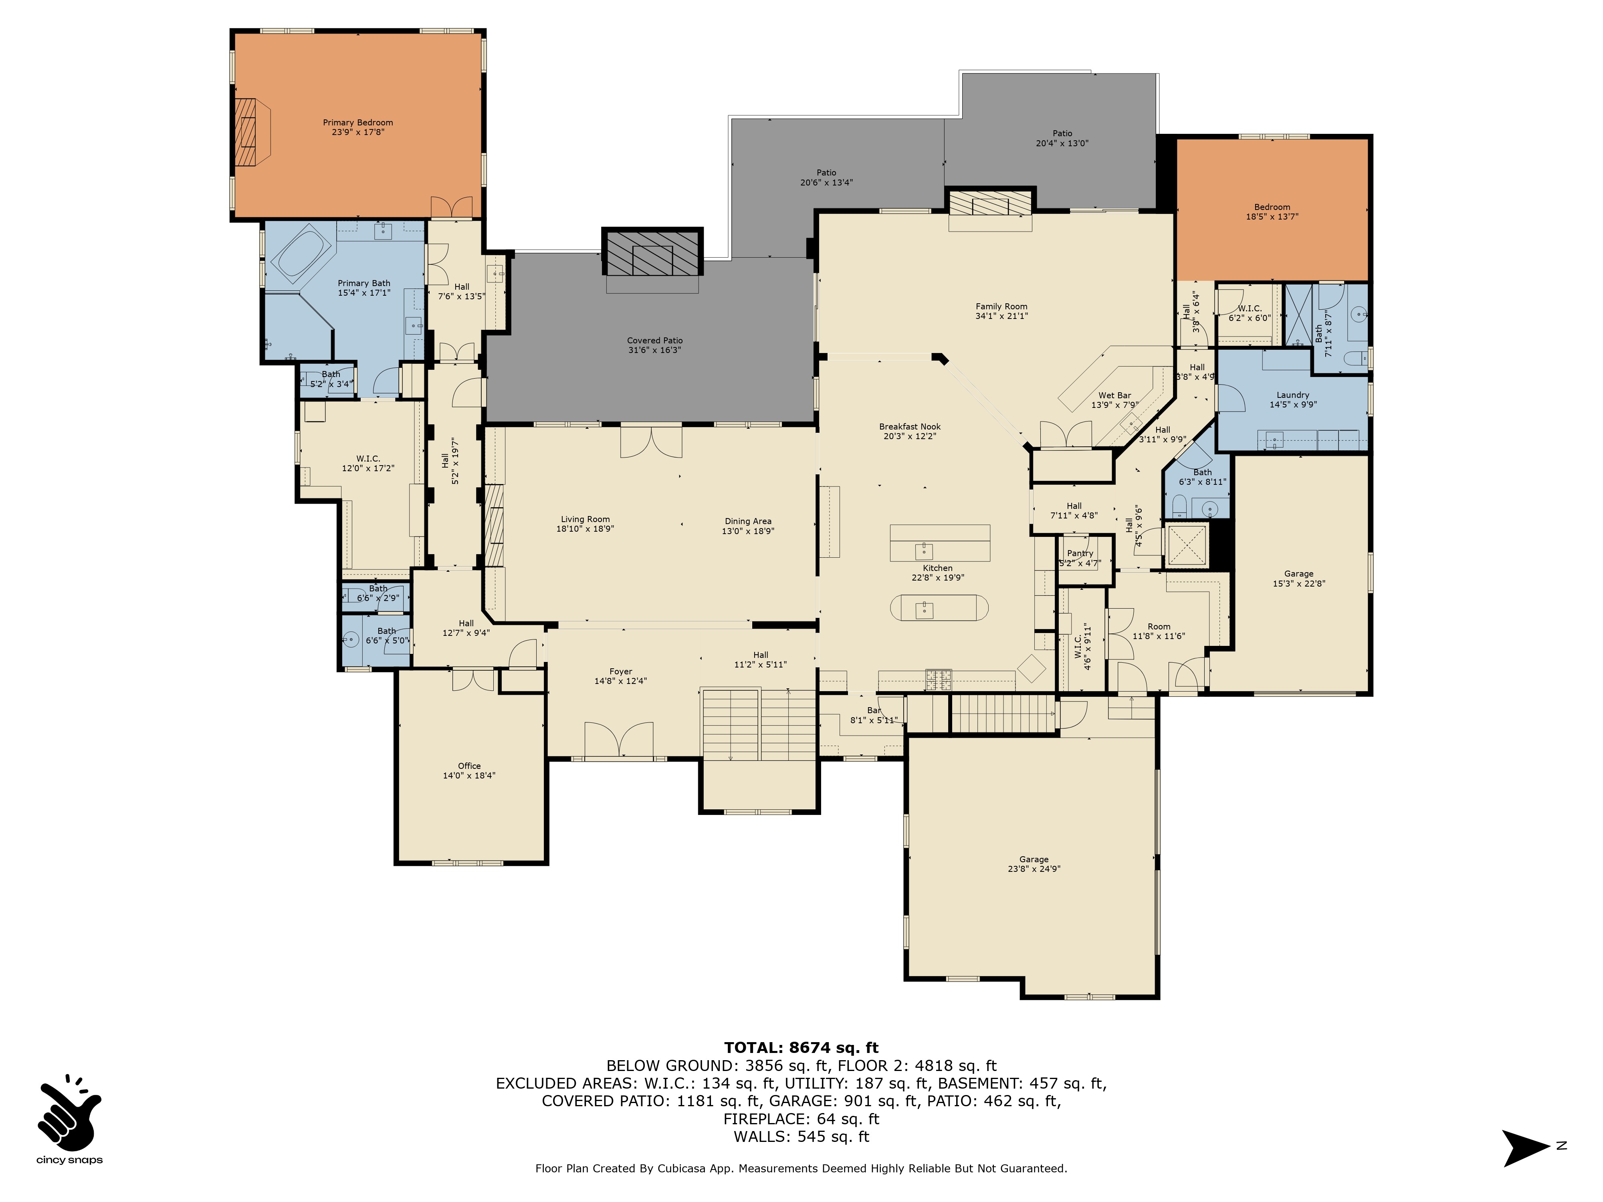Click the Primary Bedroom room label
[x=358, y=123]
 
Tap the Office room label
[x=469, y=766]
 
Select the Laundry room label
[x=1293, y=395]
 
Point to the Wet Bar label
[x=1114, y=395]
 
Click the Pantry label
[x=1080, y=553]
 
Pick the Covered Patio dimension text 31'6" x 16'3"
[x=654, y=350]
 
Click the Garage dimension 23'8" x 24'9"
[x=1034, y=869]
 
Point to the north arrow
[x=1526, y=1148]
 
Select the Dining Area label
[x=748, y=521]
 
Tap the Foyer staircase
[x=758, y=724]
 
